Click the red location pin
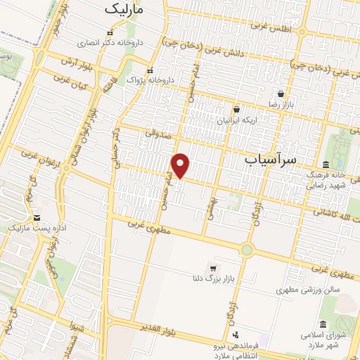181,165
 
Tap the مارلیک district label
124,10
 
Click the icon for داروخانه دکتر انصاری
108,32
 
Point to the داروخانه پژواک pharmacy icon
150,70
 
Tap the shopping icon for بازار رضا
281,94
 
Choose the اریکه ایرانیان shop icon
236,109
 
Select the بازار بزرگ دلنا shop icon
213,268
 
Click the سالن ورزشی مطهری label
308,289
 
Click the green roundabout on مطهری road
246,249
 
